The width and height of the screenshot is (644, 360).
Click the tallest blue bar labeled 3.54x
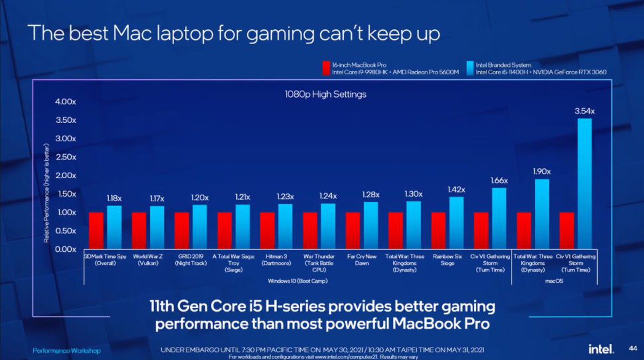(584, 183)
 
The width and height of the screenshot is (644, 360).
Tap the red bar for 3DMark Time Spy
(96, 230)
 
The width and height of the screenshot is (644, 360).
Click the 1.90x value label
(542, 172)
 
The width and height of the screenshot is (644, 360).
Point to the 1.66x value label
(499, 180)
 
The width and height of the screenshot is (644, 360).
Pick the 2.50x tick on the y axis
(66, 157)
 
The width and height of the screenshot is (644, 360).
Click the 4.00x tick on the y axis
(66, 101)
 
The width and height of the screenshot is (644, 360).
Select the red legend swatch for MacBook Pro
(326, 68)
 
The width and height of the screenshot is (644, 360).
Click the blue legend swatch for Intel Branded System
(470, 68)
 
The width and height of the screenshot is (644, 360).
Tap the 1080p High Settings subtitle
(325, 94)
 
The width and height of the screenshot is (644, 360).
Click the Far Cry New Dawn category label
(361, 260)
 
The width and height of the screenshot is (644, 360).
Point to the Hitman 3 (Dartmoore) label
(276, 260)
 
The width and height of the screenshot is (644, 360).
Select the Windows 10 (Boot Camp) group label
(297, 281)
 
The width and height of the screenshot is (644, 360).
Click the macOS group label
(554, 281)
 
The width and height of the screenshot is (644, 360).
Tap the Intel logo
(601, 349)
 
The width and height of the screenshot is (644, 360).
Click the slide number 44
(633, 348)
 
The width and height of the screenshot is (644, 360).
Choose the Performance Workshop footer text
(66, 351)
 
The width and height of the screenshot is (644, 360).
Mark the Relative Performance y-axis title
(46, 193)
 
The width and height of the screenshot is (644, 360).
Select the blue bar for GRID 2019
(199, 227)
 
